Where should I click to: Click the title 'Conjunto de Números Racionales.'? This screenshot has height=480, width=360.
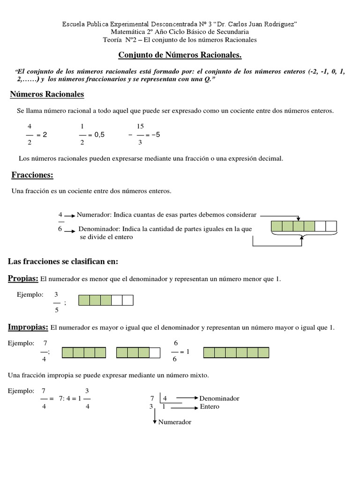[x=180, y=56]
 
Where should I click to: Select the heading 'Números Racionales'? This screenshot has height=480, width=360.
[x=47, y=94]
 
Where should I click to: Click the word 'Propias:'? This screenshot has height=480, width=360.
[x=23, y=278]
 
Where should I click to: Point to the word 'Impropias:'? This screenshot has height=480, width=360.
[x=28, y=326]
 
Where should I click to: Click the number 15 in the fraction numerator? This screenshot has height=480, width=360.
[x=140, y=127]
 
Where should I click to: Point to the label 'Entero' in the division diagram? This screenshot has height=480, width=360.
[x=209, y=406]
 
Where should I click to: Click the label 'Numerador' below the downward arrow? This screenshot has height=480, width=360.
[x=175, y=422]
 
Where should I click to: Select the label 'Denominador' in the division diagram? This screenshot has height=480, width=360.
[x=219, y=398]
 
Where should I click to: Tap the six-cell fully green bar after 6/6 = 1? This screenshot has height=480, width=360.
[x=236, y=352]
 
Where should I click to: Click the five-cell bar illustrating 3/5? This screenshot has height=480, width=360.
[x=106, y=300]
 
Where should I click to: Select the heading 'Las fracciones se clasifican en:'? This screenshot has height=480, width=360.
[x=63, y=261]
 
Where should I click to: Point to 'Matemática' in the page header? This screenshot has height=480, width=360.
[x=128, y=32]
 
